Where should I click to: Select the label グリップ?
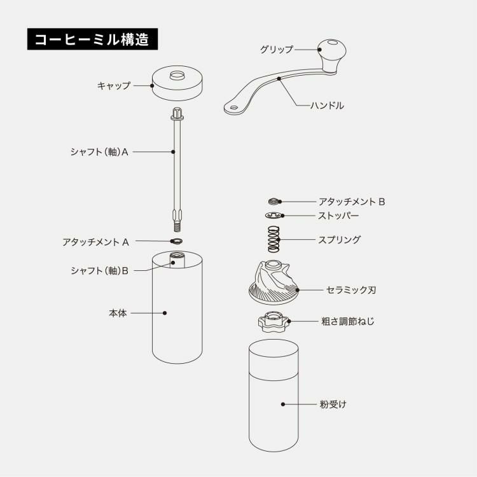click(277, 49)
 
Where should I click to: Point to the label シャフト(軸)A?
click(100, 152)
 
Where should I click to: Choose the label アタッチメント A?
click(96, 242)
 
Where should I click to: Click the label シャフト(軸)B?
click(100, 270)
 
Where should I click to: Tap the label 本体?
click(118, 313)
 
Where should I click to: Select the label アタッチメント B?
click(352, 202)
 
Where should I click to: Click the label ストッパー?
click(338, 216)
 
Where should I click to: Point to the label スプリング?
click(339, 240)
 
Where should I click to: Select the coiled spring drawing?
click(273, 238)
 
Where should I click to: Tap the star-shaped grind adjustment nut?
click(273, 322)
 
